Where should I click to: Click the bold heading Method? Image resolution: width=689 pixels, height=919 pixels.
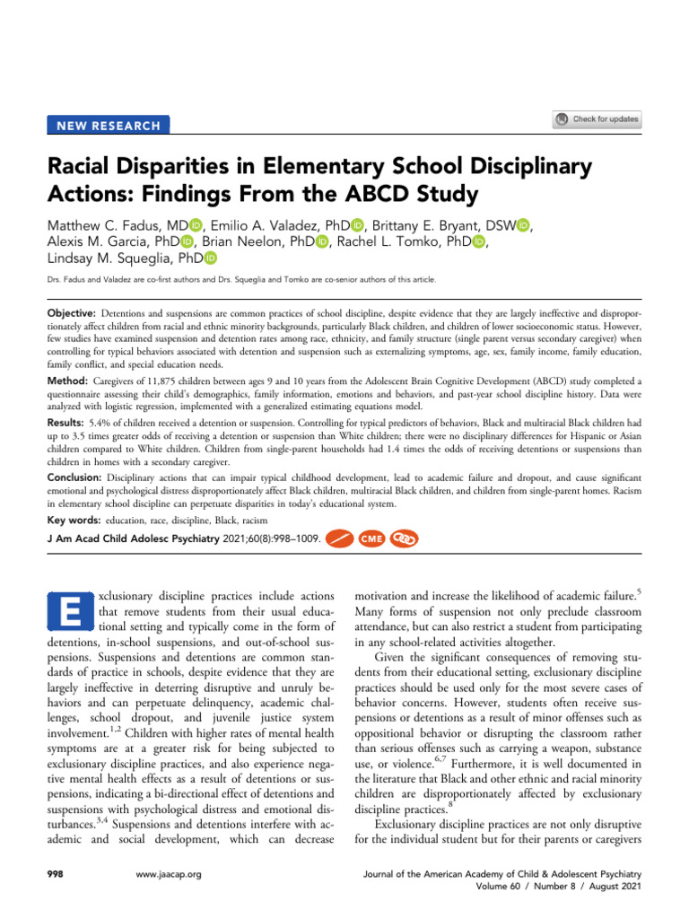(70, 381)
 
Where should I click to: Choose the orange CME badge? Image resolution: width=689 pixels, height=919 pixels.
(371, 539)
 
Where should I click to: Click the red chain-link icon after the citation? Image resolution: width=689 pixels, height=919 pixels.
(403, 539)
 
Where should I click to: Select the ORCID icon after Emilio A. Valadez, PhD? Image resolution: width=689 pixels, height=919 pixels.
(353, 222)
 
